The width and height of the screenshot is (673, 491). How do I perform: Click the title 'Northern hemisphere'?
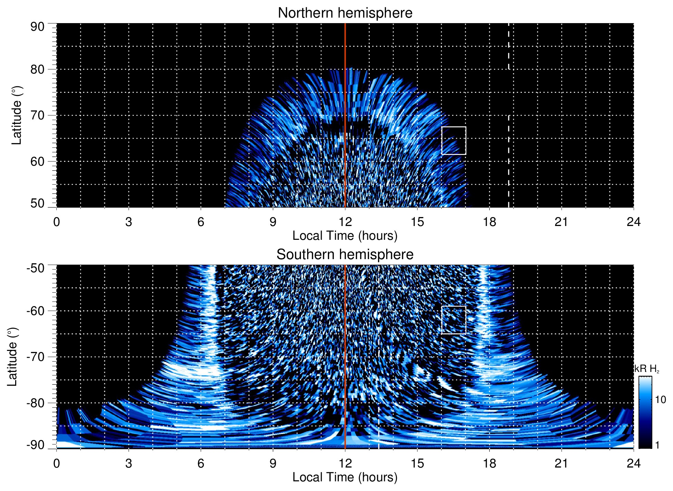point(345,13)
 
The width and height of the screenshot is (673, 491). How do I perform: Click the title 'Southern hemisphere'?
point(345,255)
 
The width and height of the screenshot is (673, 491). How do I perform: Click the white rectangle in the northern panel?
point(453,127)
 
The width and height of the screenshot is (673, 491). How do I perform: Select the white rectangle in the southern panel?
point(453,306)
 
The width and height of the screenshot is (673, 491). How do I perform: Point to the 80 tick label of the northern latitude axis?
point(37,69)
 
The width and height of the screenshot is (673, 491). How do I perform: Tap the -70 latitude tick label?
point(35,357)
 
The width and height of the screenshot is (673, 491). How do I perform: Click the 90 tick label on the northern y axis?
point(37,27)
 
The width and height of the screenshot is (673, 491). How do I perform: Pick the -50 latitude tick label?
point(35,268)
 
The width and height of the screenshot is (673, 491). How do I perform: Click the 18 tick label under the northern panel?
point(489,222)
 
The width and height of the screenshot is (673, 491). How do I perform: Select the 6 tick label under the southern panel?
point(201,463)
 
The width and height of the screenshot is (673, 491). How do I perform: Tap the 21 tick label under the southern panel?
point(562,463)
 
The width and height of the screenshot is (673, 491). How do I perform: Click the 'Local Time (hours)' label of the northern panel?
point(345,236)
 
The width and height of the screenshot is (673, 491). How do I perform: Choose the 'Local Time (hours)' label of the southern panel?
point(345,477)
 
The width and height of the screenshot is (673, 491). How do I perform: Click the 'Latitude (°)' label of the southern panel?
point(12,357)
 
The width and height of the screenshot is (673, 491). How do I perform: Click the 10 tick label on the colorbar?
point(660,400)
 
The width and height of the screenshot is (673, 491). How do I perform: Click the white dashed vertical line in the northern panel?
point(508,104)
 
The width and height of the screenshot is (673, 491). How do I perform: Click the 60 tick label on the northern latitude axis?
point(37,161)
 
